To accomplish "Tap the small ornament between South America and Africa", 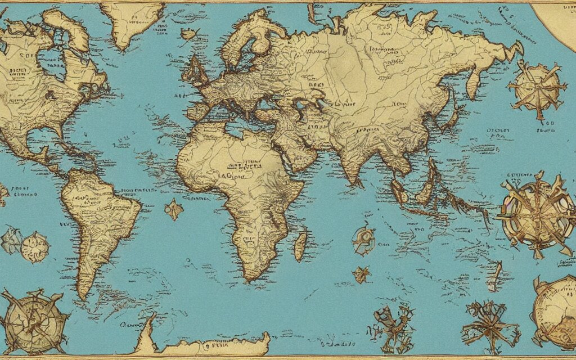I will point(174,210).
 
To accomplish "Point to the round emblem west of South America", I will point(35,247).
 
